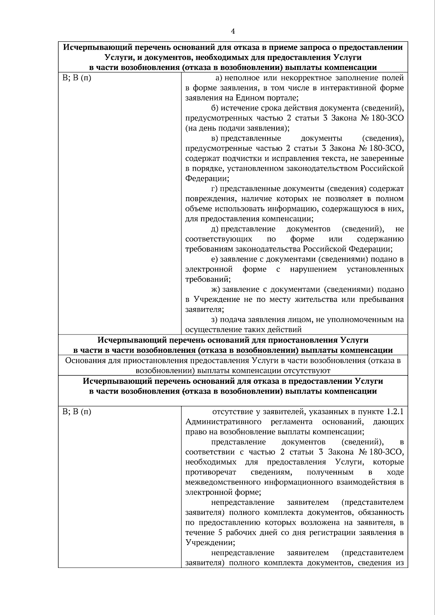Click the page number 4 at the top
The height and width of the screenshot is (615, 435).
click(x=233, y=32)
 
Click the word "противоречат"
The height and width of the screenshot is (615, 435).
click(x=211, y=472)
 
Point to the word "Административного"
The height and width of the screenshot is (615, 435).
click(x=224, y=422)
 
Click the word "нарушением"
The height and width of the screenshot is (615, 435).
click(x=313, y=269)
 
